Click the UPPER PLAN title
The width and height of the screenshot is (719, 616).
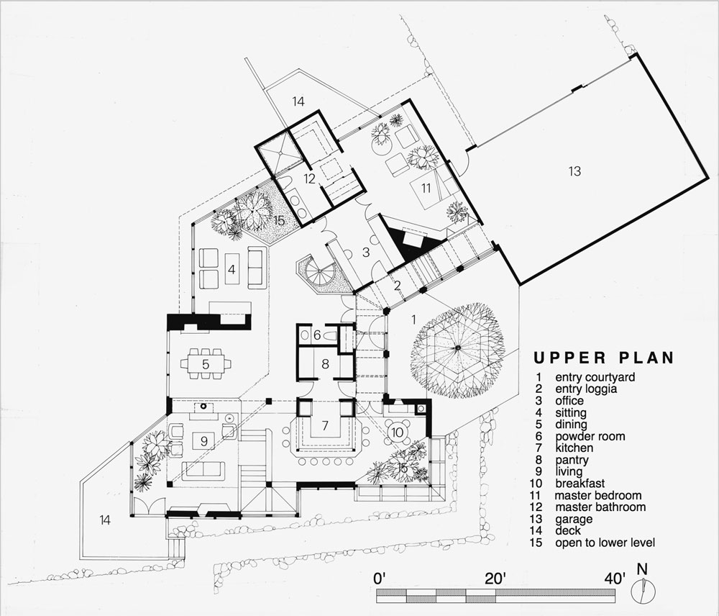604,358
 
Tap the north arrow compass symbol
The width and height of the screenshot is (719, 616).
644,590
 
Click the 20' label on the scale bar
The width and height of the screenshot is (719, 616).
495,579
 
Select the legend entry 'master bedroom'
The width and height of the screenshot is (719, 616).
598,495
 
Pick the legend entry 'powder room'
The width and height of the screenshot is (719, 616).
590,436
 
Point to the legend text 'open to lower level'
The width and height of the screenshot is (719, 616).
605,543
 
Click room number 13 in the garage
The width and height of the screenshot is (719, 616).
574,171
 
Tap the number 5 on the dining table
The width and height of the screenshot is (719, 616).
206,364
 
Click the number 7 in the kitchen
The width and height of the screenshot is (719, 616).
325,425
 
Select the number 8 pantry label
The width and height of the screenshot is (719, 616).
325,364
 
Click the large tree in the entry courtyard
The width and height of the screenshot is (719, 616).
457,350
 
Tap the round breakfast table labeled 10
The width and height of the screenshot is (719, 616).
397,432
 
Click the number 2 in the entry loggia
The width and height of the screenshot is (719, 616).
397,286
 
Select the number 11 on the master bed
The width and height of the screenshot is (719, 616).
426,189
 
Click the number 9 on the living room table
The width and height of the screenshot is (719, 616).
204,442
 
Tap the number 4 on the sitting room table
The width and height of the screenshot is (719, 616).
232,269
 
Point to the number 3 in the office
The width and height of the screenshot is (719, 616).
365,252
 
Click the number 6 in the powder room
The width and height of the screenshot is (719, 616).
317,335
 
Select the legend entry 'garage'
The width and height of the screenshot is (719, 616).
574,519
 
